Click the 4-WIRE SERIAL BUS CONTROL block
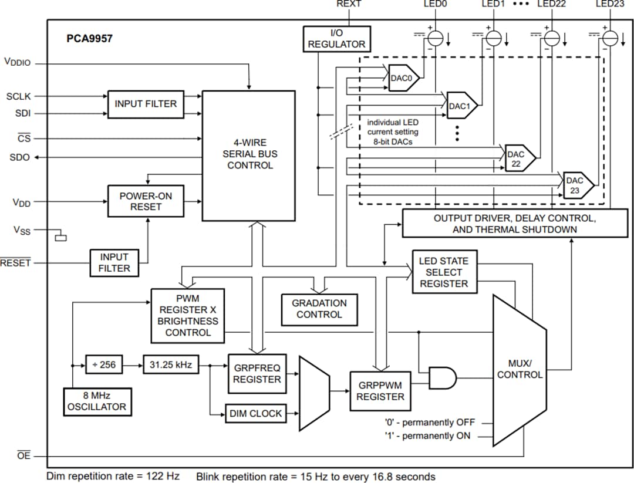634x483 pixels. point(249,156)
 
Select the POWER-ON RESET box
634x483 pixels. point(146,201)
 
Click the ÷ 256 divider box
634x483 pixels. point(104,365)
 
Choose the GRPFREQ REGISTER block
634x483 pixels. point(257,374)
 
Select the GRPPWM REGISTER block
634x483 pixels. point(380,391)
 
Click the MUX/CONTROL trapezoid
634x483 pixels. point(519,370)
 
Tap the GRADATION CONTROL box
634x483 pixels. point(319,309)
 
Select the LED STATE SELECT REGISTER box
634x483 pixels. point(443,272)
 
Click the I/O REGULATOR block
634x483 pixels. point(336,39)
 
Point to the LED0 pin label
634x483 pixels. point(435,4)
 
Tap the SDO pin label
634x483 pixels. point(19,157)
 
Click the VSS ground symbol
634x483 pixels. point(60,237)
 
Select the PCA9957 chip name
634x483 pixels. point(89,39)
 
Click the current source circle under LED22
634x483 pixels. point(551,38)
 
